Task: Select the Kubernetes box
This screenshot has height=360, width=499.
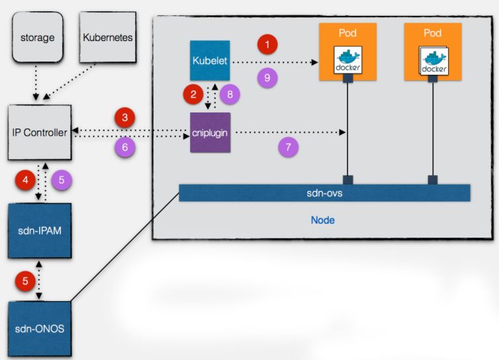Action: pos(107,38)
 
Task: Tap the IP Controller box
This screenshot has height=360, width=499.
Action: pos(39,132)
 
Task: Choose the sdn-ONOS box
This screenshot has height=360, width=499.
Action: pos(39,328)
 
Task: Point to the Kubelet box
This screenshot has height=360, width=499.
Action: pos(209,61)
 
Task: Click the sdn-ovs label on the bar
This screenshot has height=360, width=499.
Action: pos(324,193)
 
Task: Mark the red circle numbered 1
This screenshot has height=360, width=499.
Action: pos(267,45)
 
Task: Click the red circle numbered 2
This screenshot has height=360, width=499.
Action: pos(193,94)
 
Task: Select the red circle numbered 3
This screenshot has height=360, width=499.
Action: pos(125,118)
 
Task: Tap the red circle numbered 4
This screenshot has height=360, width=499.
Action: pos(26,179)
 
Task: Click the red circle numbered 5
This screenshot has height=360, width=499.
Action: pos(26,281)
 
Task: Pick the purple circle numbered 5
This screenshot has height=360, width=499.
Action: pos(60,179)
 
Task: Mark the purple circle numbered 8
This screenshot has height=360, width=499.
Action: pos(230,94)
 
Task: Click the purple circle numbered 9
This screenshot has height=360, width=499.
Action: pos(267,77)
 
